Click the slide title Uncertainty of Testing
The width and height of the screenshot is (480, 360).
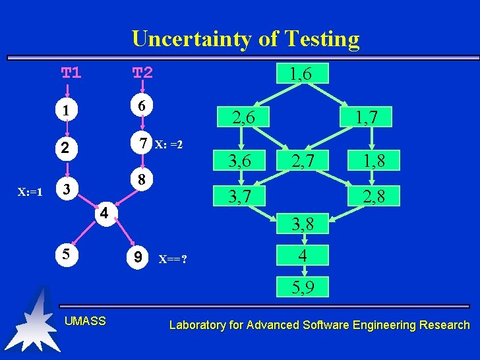pyautogui.click(x=246, y=39)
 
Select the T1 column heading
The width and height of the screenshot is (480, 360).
pyautogui.click(x=71, y=72)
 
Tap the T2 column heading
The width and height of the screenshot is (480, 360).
pyautogui.click(x=142, y=72)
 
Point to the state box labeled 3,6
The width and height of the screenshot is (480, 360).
pyautogui.click(x=240, y=160)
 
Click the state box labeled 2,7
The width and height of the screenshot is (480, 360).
pyautogui.click(x=304, y=160)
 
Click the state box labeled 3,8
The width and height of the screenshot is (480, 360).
pyautogui.click(x=303, y=225)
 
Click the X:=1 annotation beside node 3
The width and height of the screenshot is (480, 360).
pyautogui.click(x=30, y=193)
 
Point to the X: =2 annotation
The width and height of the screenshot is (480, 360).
pyautogui.click(x=168, y=145)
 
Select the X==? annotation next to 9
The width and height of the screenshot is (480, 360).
pyautogui.click(x=173, y=258)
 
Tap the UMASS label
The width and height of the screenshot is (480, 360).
pyautogui.click(x=85, y=321)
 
